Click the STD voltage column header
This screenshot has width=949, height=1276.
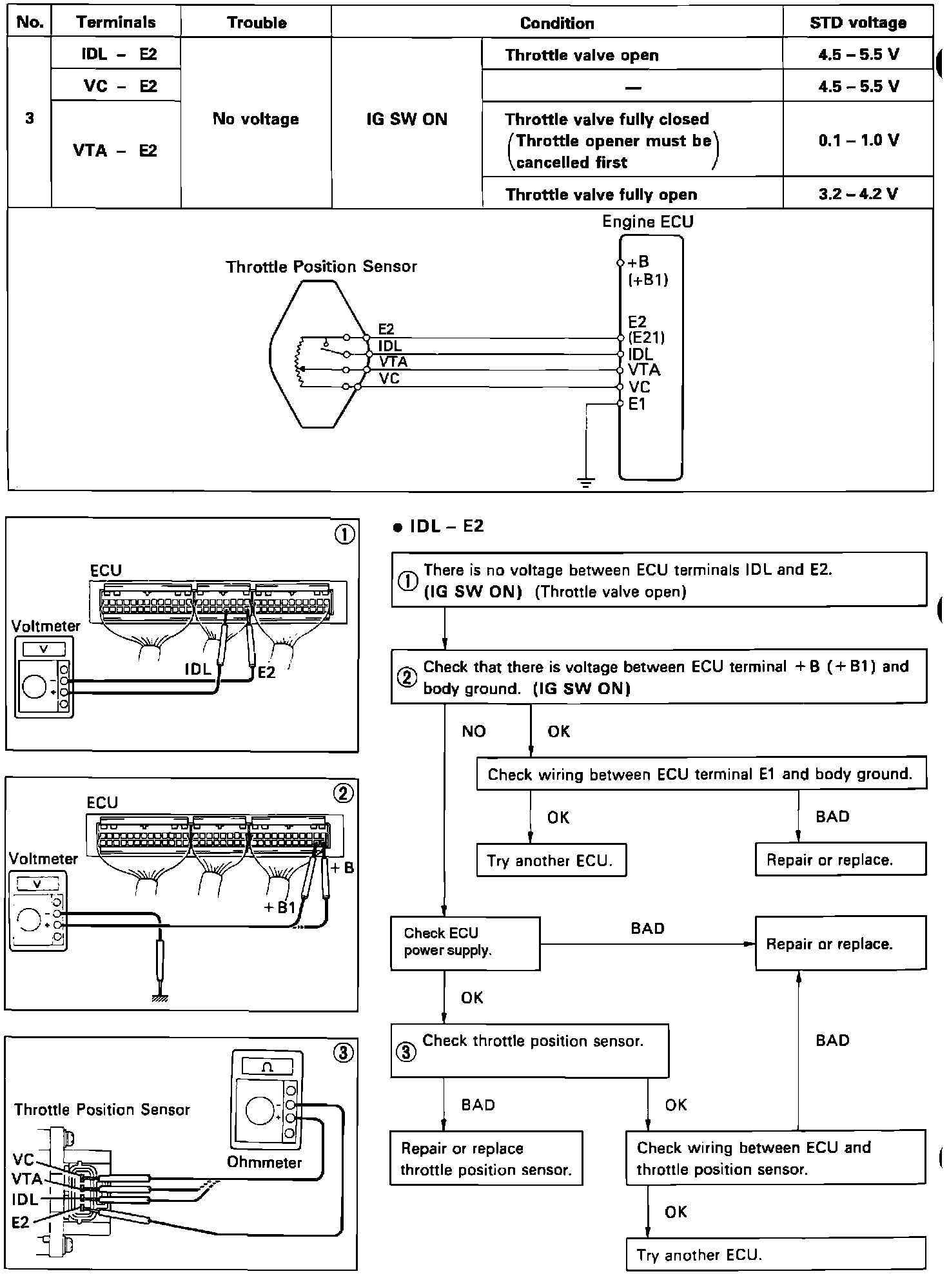[857, 23]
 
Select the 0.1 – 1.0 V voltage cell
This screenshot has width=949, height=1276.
[858, 140]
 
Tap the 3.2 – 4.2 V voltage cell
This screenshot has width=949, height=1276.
[858, 194]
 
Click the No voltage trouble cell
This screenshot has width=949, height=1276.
[256, 119]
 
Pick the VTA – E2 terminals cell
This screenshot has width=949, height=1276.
[115, 151]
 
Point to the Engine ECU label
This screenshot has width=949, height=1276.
[647, 222]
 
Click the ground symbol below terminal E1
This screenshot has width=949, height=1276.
[585, 483]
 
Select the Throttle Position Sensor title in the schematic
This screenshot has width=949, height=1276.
[321, 267]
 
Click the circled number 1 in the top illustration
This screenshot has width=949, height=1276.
[345, 535]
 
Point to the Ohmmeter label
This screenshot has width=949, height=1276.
[264, 1163]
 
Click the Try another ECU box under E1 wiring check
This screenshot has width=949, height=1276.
[551, 860]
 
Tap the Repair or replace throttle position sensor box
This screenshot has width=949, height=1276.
[485, 1158]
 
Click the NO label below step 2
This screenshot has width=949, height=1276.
[473, 731]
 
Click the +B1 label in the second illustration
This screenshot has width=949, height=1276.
[279, 907]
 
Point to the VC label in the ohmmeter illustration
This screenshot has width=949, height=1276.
[23, 1160]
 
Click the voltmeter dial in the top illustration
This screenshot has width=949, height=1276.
[35, 687]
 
